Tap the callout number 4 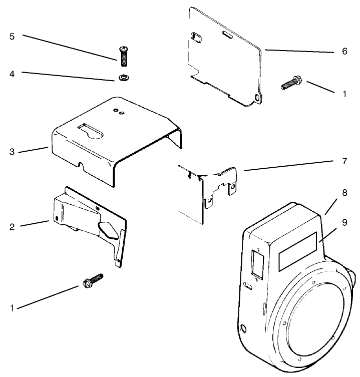(12, 73)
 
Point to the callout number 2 (12, 226)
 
